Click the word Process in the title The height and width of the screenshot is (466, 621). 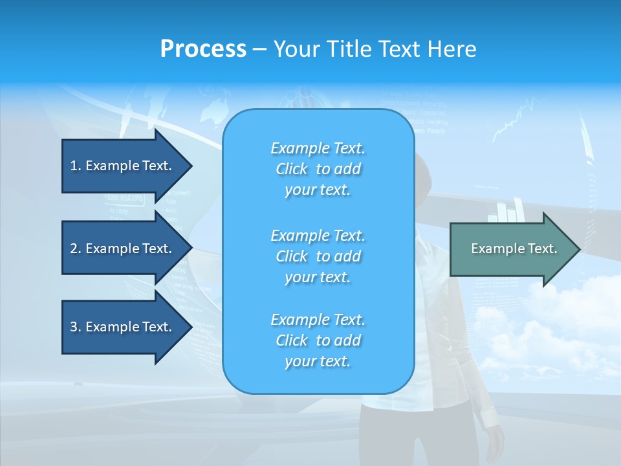203,49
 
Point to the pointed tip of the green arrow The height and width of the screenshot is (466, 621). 578,249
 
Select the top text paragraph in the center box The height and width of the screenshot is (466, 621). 318,169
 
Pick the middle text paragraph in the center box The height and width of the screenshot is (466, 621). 318,256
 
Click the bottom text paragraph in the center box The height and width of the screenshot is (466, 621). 318,340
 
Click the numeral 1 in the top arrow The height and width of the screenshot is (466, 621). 74,166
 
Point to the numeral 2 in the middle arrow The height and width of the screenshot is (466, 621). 74,249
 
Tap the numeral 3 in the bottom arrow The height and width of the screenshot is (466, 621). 74,327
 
